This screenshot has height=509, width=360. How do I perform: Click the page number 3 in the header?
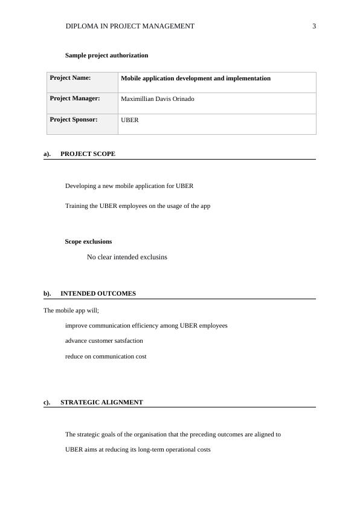(x=314, y=26)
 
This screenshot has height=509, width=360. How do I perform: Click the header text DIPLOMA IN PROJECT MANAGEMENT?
(x=130, y=26)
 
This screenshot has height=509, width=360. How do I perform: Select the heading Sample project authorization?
(x=106, y=55)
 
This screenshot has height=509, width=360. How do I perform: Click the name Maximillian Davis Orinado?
(x=158, y=99)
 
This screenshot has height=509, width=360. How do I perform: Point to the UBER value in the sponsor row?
(x=130, y=120)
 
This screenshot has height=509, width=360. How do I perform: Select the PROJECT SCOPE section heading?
(x=88, y=154)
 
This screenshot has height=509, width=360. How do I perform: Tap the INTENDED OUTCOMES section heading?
(x=98, y=293)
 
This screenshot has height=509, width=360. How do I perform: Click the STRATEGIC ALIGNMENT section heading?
(x=101, y=402)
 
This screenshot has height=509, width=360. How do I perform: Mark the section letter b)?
(x=47, y=293)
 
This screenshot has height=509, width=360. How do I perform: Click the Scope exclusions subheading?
(x=88, y=241)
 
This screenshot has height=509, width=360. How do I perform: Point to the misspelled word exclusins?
(x=152, y=257)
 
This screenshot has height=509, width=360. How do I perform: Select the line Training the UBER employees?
(x=138, y=206)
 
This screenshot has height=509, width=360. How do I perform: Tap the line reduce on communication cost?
(x=106, y=356)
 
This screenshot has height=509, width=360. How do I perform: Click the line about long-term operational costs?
(x=138, y=449)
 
